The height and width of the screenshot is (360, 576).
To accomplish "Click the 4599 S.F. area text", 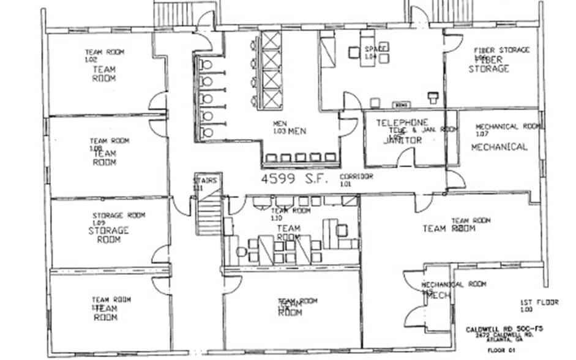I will tap(295, 179).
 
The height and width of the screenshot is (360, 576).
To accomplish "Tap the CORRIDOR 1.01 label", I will tap(356, 179).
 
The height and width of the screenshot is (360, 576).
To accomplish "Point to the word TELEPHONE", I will tap(402, 122).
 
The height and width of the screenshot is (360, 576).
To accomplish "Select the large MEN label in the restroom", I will tap(297, 131).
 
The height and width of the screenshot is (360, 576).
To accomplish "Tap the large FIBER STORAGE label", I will tap(489, 64).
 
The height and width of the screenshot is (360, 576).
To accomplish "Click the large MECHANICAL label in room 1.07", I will tap(499, 147).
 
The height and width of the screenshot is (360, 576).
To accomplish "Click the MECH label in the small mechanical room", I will tap(438, 295).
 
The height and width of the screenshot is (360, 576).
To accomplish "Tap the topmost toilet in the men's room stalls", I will tap(206, 64).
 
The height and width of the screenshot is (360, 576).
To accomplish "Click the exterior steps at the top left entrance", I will tap(173, 13).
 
